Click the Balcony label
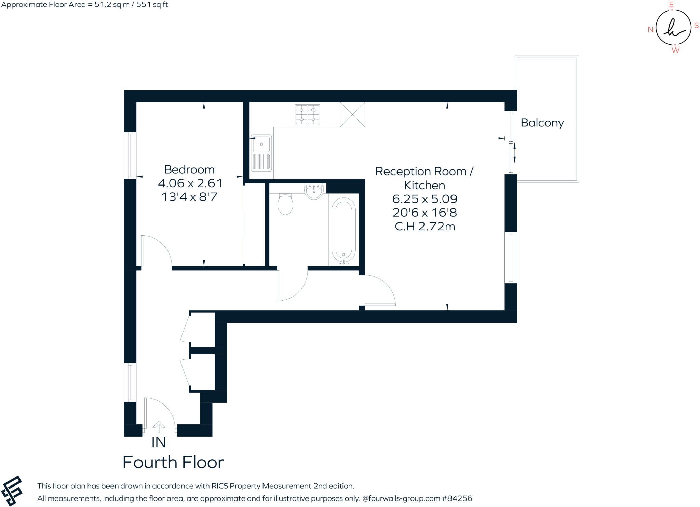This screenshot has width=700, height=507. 542,123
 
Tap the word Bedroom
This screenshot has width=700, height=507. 189,169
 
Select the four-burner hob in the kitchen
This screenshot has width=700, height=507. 307,114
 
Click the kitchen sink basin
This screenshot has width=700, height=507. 261,144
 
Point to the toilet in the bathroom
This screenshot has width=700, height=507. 285,204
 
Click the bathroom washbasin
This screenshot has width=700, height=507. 314,191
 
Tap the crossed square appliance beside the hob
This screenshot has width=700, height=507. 352,114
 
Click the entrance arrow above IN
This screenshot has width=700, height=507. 159,426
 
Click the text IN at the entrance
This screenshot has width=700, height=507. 159,442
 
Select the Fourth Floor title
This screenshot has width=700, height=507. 173,462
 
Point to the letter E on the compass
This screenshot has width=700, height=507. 671,4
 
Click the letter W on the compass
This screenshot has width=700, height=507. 675,51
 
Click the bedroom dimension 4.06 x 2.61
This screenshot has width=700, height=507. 190,183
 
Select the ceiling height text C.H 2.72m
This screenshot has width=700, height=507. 425,227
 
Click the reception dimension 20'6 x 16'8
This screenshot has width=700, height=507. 425,213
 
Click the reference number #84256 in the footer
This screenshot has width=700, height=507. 457,498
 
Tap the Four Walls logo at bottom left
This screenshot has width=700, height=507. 12,491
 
